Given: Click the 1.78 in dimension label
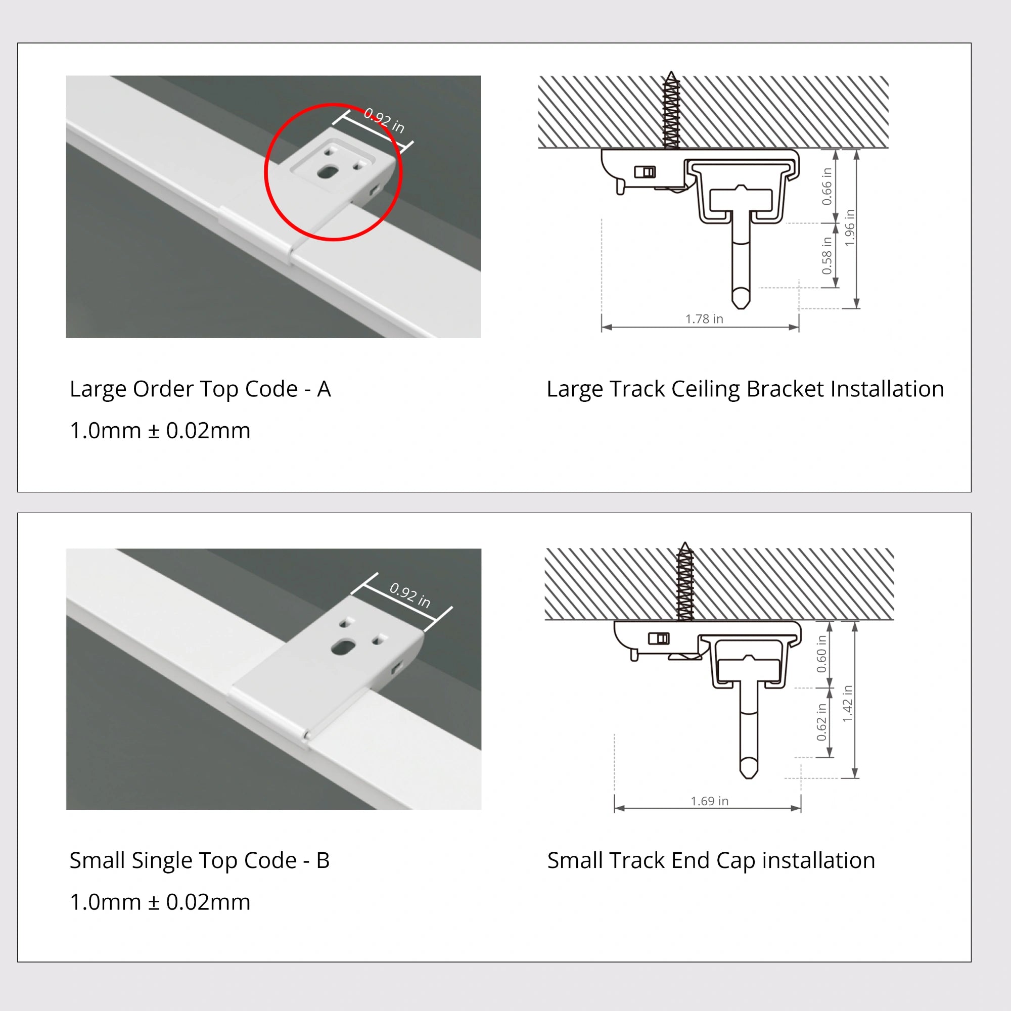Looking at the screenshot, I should coord(704,318).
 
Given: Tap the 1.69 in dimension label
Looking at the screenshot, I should coord(709,801).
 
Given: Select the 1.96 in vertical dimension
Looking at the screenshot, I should coord(849,227).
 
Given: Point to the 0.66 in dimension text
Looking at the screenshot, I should coord(826,187).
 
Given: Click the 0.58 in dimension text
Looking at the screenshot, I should coord(826,255).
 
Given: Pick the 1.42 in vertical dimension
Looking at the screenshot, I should coord(848,703).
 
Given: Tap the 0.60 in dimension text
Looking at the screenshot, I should coord(821,654).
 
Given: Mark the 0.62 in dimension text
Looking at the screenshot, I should coord(821,722).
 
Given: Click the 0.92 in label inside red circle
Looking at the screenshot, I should coord(384,121).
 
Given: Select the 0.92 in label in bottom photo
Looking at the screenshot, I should coord(410,595).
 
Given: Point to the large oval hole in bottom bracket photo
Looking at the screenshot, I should coord(342,648).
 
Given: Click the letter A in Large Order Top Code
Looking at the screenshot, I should coord(324,389).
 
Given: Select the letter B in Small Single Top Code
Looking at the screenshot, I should coord(323,860).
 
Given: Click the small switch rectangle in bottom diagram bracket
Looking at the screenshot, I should coord(659,638).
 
